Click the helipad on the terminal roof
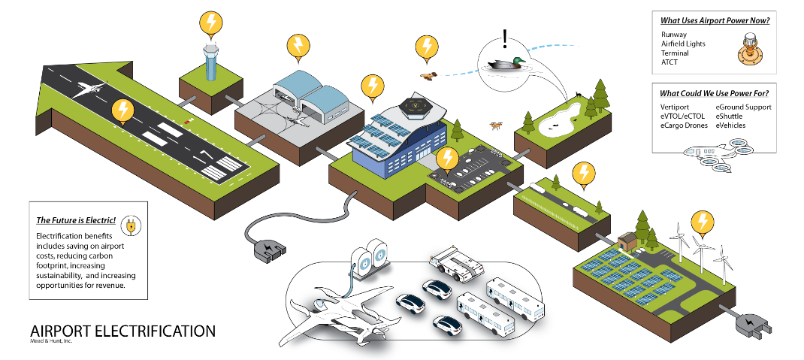[x=414, y=107]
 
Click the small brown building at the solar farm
[x=627, y=241]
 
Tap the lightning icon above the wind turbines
[x=702, y=221]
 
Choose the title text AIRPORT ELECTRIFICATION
[x=122, y=331]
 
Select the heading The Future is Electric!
[x=76, y=220]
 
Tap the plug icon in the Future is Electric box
[x=131, y=225]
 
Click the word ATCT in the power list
[x=669, y=62]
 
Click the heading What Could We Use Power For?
[x=713, y=93]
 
